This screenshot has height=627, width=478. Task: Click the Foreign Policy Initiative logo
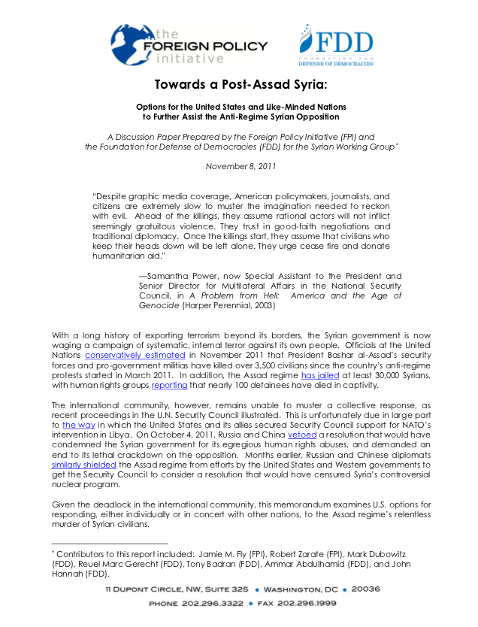point(188,45)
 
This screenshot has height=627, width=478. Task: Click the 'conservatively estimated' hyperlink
point(135,353)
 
